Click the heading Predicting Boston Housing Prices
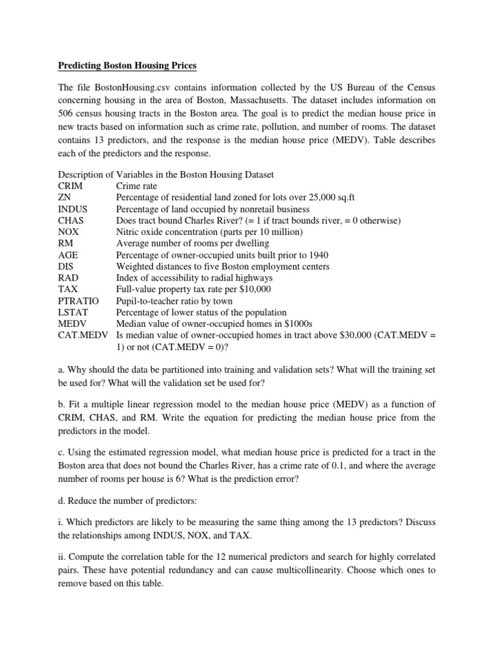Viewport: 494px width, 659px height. tap(128, 66)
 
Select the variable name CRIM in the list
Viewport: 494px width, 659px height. tap(71, 186)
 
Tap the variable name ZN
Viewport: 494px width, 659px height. tap(65, 198)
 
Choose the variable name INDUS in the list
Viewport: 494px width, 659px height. tap(73, 209)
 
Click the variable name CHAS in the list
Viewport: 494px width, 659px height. tap(71, 221)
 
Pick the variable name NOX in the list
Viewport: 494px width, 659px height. tap(69, 232)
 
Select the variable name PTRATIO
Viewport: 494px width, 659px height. tap(78, 301)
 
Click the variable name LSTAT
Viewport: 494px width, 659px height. tap(73, 313)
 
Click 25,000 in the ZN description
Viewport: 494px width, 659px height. tap(351, 198)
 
